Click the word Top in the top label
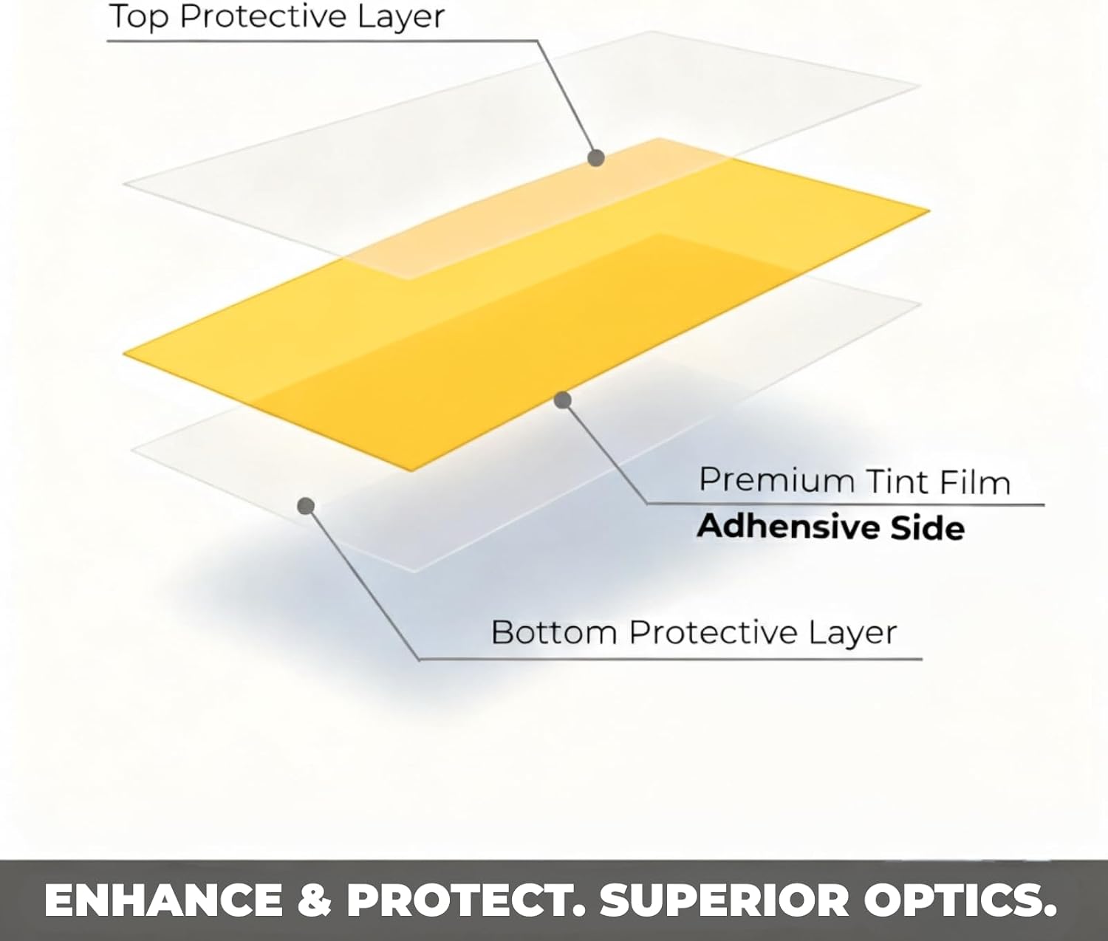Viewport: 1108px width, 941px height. pos(140,17)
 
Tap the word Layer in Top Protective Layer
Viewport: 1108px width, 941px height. pos(401,17)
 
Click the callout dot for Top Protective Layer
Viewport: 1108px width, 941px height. pos(596,158)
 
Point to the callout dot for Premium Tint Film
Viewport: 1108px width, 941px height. pos(562,400)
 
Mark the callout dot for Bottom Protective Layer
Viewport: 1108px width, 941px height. pos(306,506)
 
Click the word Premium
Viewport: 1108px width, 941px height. pos(777,482)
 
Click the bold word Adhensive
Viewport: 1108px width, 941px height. pos(788,527)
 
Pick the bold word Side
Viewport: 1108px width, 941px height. pos(928,527)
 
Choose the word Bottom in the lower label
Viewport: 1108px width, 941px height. pos(554,633)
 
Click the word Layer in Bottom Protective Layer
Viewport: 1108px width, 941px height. pos(853,633)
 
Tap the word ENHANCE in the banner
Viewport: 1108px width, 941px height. pos(163,900)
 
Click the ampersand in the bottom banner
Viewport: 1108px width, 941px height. pos(314,900)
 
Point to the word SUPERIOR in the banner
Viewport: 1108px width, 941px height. pos(724,900)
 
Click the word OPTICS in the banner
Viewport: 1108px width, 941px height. pos(951,900)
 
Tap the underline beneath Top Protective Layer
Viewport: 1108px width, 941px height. pos(322,41)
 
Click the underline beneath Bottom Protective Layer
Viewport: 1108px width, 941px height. pos(671,659)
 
